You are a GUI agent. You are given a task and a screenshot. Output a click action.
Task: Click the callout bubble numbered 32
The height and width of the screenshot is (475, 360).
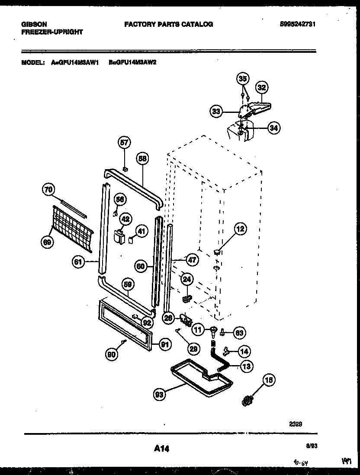(261, 88)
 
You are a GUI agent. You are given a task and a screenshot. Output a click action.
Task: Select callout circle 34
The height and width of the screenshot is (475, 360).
(273, 128)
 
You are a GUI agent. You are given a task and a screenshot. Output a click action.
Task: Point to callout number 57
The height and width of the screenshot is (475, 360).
(124, 142)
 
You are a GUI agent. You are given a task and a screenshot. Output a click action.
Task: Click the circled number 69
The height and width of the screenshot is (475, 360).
(47, 243)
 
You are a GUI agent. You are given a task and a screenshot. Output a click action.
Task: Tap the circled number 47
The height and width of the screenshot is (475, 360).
(192, 260)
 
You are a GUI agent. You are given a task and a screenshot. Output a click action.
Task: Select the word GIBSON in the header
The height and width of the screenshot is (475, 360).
(34, 24)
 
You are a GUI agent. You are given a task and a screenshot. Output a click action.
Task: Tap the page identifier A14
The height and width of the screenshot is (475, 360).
(161, 449)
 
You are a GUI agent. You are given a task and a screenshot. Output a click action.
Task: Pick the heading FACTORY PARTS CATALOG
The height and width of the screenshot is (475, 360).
(168, 25)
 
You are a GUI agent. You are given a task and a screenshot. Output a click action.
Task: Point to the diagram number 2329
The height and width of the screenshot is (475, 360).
(296, 424)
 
